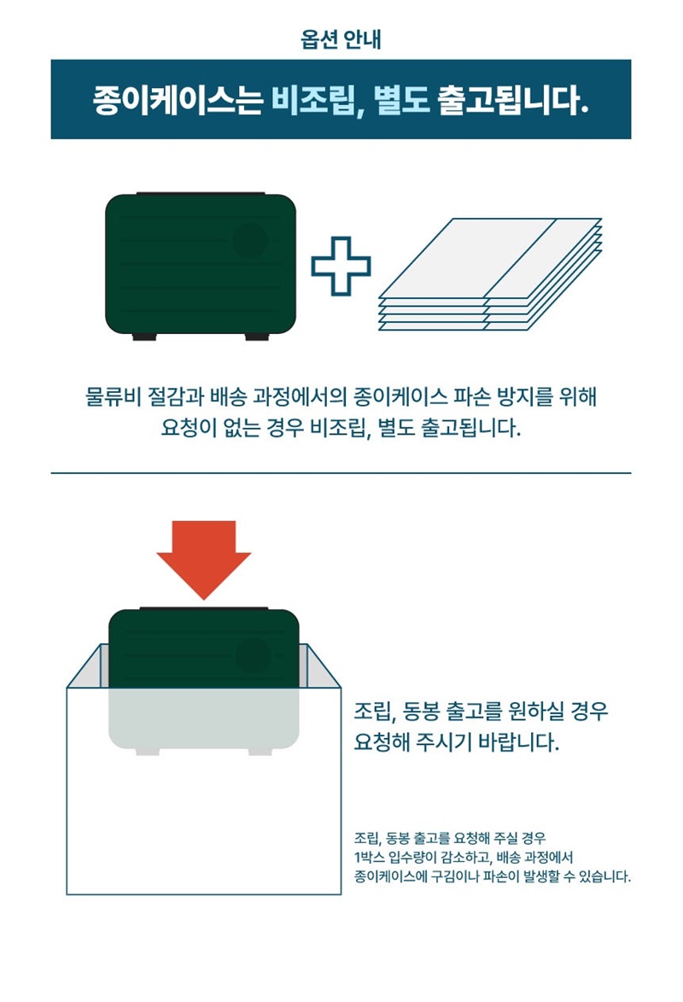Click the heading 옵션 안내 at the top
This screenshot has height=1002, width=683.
pyautogui.click(x=341, y=39)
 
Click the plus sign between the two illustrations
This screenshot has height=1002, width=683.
pyautogui.click(x=341, y=266)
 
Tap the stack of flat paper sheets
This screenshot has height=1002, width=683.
pyautogui.click(x=490, y=274)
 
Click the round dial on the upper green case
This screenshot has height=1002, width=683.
pyautogui.click(x=250, y=241)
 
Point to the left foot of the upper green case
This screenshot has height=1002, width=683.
pyautogui.click(x=144, y=336)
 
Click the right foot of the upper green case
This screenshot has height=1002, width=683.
pyautogui.click(x=257, y=336)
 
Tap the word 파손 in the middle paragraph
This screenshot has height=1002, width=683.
pyautogui.click(x=471, y=396)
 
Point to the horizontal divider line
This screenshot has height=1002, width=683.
pyautogui.click(x=341, y=473)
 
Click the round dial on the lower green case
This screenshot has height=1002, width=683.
pyautogui.click(x=254, y=655)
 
